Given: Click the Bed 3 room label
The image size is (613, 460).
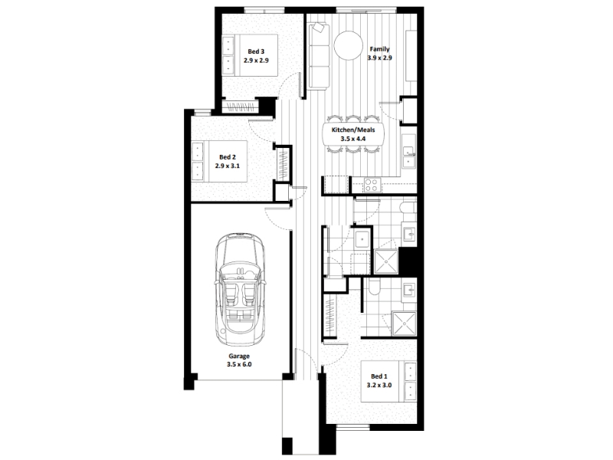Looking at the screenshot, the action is pos(256,51).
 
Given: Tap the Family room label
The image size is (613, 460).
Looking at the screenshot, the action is pos(379,49).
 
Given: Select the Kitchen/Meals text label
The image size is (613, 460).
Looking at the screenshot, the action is pos(353,130).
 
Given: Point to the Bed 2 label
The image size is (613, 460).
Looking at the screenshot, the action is pos(227,157).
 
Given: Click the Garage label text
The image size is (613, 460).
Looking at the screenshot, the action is pos(239,356).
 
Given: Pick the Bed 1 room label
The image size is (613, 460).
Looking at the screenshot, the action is pos(379,376).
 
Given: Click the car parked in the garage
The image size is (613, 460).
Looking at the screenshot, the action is pos(240,289).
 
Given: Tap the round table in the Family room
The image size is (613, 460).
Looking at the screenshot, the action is pos(349,45).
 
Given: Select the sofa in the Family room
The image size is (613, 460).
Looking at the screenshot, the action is pos(319,56).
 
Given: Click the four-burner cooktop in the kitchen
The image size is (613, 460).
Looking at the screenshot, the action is pos(372,185).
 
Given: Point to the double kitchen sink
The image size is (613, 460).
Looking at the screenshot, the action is pos(408,156).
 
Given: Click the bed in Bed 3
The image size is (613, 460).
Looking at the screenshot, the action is pos(250,54).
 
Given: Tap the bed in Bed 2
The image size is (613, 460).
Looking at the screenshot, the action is pos(219,161).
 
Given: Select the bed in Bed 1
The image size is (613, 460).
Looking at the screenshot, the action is pos(388,381).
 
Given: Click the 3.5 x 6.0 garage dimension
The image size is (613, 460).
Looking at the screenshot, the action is pos(239,365).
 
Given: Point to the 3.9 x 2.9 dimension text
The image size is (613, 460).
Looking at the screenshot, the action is pos(379,58).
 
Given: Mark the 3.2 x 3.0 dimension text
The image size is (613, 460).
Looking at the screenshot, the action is pos(379,385).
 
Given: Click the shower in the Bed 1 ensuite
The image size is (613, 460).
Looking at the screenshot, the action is pos(405,324).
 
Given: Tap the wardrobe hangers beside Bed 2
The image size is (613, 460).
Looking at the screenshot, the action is pos(283,163).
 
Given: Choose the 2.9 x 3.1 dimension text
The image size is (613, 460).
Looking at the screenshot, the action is pos(227,166).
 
